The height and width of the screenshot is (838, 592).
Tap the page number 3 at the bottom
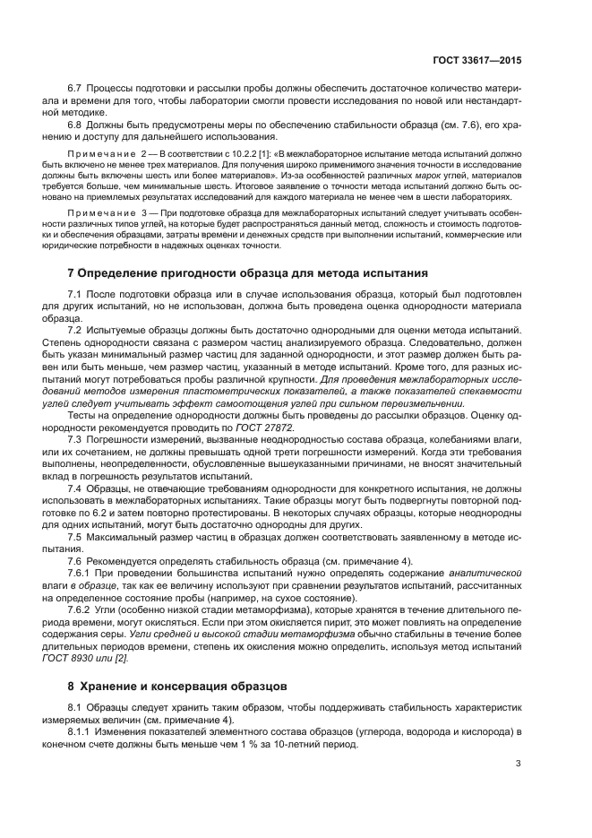click(519, 765)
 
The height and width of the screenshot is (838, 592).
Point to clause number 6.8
click(75, 126)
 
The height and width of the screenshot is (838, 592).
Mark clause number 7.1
click(75, 294)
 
